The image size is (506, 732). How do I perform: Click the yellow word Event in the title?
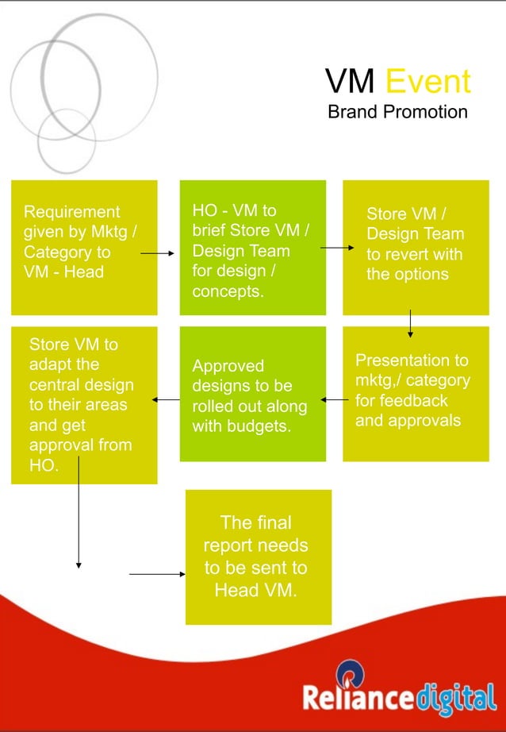pos(428,81)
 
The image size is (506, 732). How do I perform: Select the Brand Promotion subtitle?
pos(397,111)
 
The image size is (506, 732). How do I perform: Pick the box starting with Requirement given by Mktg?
pos(84,247)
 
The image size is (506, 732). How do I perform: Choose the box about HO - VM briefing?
pos(252,247)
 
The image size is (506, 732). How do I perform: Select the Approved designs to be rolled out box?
pos(252,395)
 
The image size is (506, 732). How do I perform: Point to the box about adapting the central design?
pos(84,405)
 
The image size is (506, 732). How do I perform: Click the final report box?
pos(258,557)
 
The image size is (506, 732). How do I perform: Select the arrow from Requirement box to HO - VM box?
pos(157,254)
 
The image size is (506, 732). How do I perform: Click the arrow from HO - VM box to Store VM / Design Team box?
pos(337,248)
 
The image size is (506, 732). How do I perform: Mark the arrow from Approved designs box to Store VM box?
pos(167,400)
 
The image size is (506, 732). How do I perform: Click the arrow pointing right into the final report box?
pos(156,573)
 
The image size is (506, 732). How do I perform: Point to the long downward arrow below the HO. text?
pos(78,516)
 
